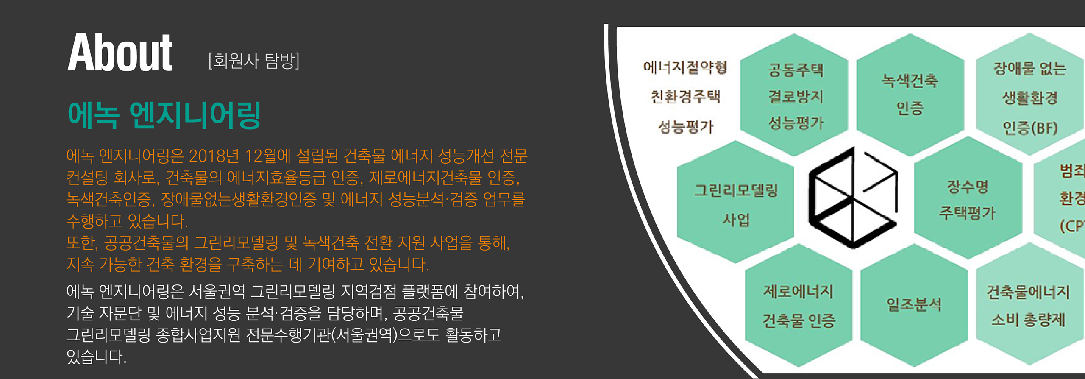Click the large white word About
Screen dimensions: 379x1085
coord(120,53)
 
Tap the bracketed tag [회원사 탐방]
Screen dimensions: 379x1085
coord(253,61)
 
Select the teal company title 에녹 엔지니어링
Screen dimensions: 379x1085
coord(164,115)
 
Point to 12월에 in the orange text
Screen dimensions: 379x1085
coord(268,156)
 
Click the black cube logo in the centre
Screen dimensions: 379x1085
coord(853,198)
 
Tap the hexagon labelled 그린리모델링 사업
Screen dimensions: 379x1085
coord(736,203)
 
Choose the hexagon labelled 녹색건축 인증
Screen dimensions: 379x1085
coord(910,94)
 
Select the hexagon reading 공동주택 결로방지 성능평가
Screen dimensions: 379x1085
coord(795,95)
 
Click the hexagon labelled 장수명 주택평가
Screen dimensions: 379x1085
coord(968,198)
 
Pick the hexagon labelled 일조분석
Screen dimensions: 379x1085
coord(914,304)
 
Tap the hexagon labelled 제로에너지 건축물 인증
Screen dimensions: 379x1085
coord(798,305)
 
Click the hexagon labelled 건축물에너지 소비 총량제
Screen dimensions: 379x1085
coord(1028,305)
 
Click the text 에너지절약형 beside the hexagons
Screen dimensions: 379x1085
coord(685,67)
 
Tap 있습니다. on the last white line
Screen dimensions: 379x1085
coord(97,357)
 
